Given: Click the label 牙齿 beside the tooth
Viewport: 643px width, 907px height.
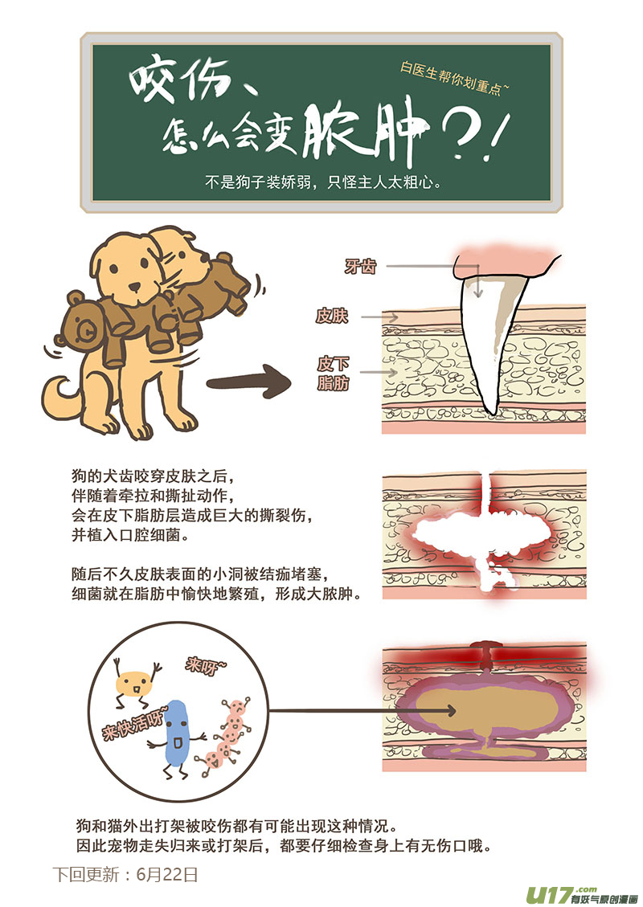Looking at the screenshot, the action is (x=360, y=266).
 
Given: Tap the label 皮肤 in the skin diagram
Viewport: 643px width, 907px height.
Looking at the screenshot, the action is (x=332, y=316).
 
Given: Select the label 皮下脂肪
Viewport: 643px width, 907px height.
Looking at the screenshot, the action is (x=334, y=373).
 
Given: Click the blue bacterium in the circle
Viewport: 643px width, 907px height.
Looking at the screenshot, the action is (x=177, y=733).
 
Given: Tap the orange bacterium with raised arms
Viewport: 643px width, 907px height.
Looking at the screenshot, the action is (x=134, y=684).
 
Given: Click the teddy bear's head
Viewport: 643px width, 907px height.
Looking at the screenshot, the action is (x=84, y=326).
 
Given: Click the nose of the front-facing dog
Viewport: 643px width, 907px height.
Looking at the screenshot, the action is (x=135, y=287).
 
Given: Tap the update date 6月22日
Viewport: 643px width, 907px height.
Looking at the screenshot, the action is (x=167, y=874).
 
